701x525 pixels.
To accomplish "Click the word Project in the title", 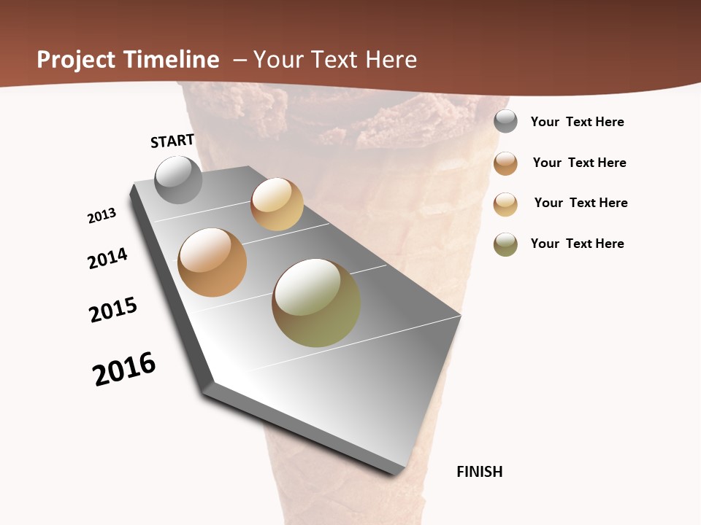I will [x=76, y=60].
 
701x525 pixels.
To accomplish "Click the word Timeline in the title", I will [x=172, y=60].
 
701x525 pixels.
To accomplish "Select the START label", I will [x=172, y=141].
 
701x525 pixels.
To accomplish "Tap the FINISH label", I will [x=480, y=472].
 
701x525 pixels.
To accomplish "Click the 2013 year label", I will [x=102, y=216].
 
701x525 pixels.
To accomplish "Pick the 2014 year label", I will [x=108, y=258].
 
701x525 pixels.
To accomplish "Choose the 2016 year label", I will [x=124, y=368].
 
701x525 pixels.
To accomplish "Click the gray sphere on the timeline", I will [x=179, y=179].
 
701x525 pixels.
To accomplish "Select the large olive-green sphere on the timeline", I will [x=316, y=303].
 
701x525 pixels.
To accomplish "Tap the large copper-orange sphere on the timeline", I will [x=212, y=262].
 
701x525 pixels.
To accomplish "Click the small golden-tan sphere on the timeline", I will [x=277, y=204].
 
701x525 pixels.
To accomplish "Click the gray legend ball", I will [x=505, y=121].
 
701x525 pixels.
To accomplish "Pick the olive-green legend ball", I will [x=505, y=244].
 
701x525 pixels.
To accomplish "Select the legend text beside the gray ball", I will [x=577, y=122].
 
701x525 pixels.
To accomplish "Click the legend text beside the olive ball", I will [x=577, y=244].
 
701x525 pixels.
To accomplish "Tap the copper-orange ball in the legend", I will [x=505, y=163].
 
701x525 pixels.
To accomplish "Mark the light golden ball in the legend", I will [x=505, y=204].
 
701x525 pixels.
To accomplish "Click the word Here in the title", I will [x=391, y=60].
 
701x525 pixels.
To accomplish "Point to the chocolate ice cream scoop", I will [x=336, y=117].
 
